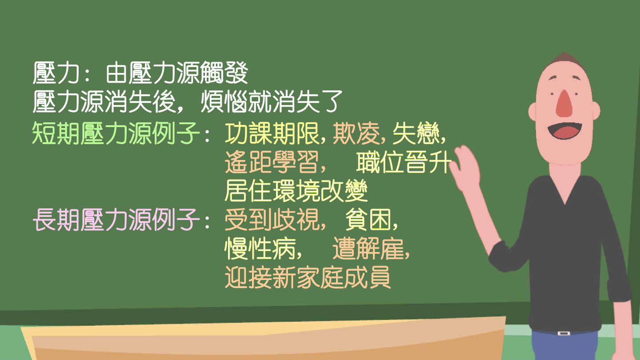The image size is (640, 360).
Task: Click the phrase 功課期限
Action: [272, 133]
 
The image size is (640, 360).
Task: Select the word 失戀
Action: [416, 133]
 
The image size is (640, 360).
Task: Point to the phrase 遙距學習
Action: [272, 162]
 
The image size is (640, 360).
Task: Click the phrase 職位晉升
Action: [404, 162]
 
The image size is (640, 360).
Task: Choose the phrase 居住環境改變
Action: [296, 191]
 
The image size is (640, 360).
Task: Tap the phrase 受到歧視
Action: [272, 220]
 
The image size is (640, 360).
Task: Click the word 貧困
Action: [368, 220]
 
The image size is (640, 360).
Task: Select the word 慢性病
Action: [260, 248]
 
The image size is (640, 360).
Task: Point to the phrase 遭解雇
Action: [368, 248]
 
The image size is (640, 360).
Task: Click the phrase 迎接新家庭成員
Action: [308, 277]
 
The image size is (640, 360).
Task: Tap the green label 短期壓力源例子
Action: [116, 133]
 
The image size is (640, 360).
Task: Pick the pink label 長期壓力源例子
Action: [116, 220]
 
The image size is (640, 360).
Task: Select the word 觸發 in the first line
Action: [224, 73]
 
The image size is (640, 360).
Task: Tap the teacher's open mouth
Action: [564, 131]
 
